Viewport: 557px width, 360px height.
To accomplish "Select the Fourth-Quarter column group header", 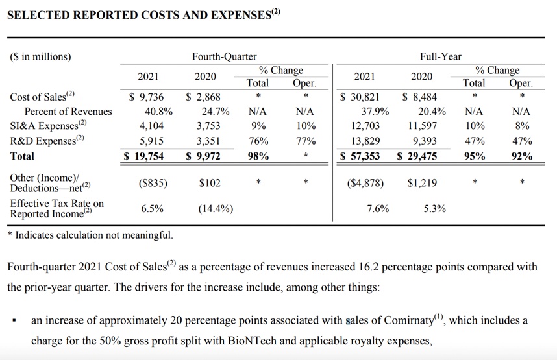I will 224,56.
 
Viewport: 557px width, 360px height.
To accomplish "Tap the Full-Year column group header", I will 440,56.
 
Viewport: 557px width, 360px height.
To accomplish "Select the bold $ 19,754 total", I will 145,156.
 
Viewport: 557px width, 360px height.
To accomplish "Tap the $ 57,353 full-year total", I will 362,156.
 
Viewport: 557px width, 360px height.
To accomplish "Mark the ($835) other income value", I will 153,184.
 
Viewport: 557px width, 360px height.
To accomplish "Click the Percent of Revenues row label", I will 68,111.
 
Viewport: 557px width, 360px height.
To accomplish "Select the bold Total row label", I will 23,156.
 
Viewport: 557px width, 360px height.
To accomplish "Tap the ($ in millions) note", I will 40,56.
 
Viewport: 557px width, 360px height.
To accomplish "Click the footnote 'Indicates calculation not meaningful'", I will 93,235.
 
